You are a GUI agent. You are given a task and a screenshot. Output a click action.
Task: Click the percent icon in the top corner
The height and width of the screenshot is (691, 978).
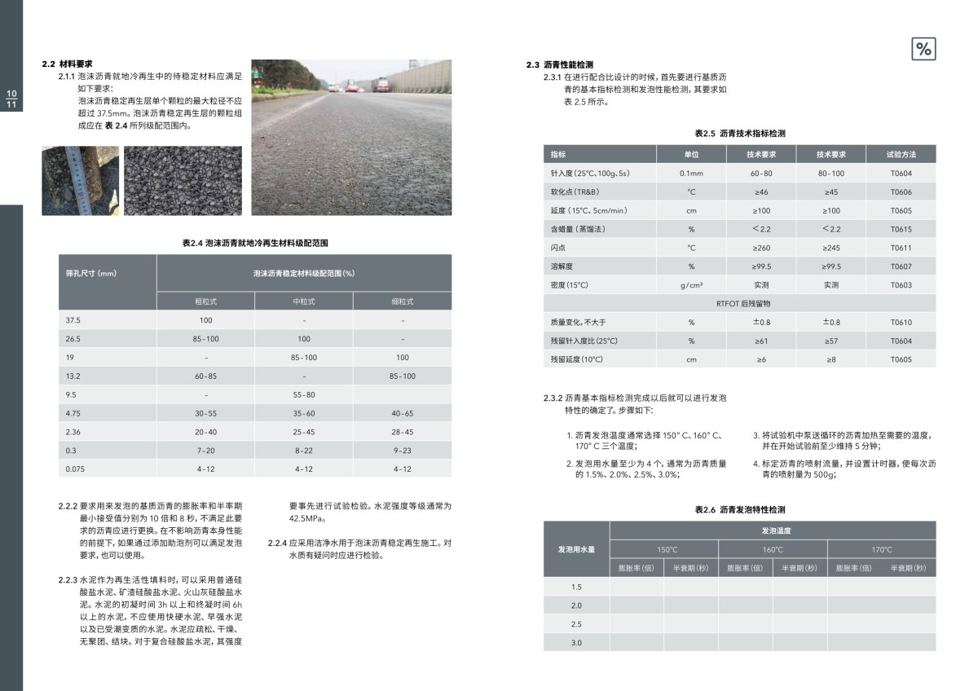tap(923, 49)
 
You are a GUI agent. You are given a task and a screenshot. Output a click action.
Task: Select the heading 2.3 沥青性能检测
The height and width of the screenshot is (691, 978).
tap(560, 64)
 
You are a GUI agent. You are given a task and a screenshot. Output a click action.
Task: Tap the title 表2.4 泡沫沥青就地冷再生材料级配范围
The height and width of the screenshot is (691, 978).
tap(255, 243)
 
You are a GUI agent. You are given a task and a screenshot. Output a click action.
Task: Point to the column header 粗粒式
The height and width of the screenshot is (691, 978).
tap(205, 301)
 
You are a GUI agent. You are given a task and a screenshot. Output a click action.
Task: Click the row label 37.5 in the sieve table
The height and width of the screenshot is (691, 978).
tap(73, 320)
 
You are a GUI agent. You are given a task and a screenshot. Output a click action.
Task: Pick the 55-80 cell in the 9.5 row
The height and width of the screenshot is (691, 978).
tap(303, 394)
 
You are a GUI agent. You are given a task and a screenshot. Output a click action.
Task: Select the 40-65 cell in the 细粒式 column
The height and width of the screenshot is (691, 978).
tap(402, 413)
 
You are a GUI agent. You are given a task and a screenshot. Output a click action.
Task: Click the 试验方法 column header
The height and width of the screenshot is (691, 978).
tap(901, 154)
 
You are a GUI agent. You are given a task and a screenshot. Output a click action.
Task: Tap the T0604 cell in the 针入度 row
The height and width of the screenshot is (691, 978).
tap(901, 174)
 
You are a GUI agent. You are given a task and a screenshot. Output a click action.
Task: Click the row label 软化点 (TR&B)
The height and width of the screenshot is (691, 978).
tap(571, 192)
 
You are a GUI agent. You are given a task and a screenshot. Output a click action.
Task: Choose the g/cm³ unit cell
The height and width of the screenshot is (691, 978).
tap(691, 285)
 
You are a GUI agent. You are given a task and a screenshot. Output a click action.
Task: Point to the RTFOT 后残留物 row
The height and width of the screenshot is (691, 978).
tap(738, 304)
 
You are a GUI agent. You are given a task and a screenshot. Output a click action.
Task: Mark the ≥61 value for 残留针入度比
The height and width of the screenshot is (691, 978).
tap(761, 341)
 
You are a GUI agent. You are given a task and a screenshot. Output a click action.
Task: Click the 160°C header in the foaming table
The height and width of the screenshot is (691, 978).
tap(772, 549)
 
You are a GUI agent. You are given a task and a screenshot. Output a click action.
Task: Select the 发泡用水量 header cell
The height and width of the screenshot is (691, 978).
tap(576, 549)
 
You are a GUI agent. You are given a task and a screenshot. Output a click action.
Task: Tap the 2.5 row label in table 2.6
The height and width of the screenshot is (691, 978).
tap(576, 624)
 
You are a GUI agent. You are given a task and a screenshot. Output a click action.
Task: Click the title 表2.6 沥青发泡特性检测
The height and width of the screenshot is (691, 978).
tap(739, 509)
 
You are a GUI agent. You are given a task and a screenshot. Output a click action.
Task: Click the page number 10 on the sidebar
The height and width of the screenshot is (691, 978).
tap(11, 94)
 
